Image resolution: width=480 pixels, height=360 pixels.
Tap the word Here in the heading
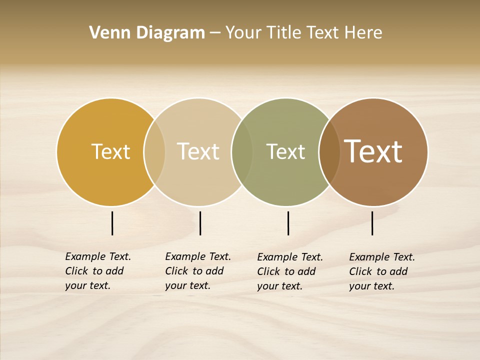pyautogui.click(x=363, y=33)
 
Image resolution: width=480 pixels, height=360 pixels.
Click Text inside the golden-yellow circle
pyautogui.click(x=110, y=151)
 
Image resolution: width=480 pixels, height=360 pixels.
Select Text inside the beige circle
pyautogui.click(x=198, y=151)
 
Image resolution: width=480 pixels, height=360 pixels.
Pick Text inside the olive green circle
pyautogui.click(x=285, y=151)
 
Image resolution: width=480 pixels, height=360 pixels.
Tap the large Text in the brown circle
pyautogui.click(x=373, y=151)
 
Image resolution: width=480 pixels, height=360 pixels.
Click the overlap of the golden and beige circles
pyautogui.click(x=154, y=152)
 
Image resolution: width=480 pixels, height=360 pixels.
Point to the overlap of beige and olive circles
pyautogui.click(x=242, y=152)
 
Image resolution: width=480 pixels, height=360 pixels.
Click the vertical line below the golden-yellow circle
pyautogui.click(x=112, y=223)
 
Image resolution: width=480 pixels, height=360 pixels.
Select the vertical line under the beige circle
pyautogui.click(x=200, y=223)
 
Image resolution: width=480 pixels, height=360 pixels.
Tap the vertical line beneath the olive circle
pyautogui.click(x=288, y=223)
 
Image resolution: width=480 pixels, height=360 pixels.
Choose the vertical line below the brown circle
pyautogui.click(x=372, y=223)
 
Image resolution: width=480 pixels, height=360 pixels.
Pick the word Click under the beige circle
pyautogui.click(x=176, y=271)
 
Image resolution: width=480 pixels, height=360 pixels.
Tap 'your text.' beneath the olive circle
pyautogui.click(x=279, y=286)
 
